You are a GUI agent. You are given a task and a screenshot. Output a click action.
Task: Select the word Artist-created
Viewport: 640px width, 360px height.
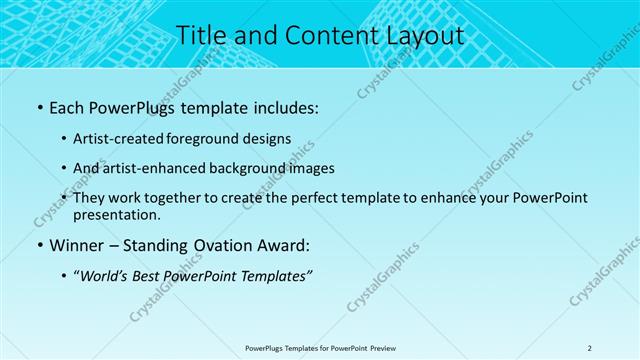tap(121, 139)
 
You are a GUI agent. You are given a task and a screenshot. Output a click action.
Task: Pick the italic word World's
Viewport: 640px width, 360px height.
tap(104, 275)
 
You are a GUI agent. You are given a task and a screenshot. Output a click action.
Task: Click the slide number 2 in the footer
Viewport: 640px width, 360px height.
tap(590, 348)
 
